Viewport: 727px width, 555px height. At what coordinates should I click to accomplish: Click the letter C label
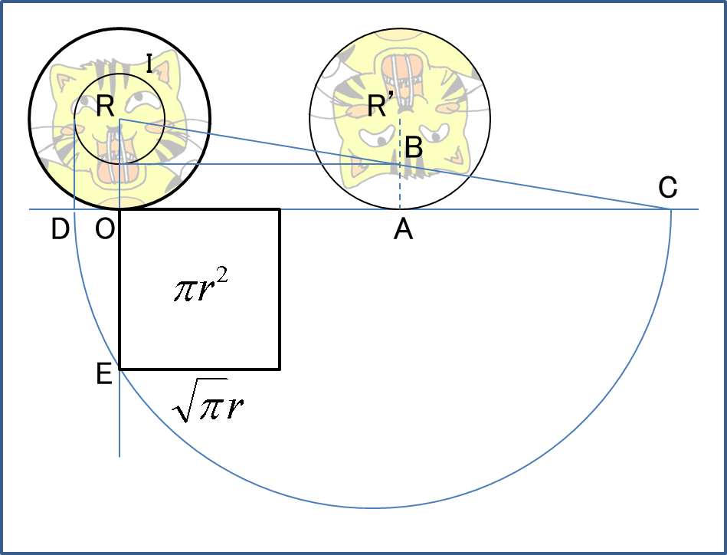click(668, 186)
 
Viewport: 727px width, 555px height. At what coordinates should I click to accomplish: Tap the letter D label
click(61, 228)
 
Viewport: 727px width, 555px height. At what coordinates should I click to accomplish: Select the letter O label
click(105, 228)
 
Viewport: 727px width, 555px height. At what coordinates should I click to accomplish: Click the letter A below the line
click(404, 229)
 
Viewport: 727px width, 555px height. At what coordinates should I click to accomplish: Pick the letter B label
click(414, 148)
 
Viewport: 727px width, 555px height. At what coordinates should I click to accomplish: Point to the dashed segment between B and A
click(399, 187)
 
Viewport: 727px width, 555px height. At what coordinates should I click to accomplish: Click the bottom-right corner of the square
click(279, 369)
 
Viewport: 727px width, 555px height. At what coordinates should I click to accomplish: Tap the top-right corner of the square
click(279, 209)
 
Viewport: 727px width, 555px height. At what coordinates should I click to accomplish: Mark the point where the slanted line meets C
click(671, 209)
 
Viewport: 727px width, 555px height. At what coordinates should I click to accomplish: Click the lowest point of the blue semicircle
click(372, 507)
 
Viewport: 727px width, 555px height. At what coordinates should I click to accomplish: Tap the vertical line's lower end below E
click(120, 455)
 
